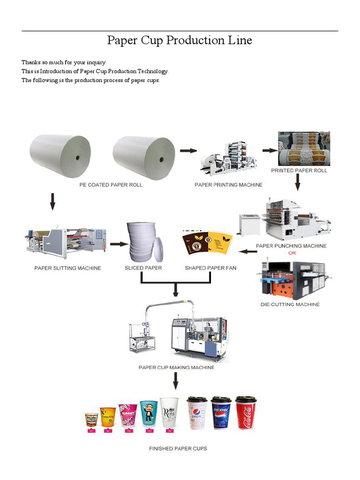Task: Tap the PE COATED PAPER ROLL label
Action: (x=110, y=185)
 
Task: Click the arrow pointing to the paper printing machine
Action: (x=188, y=150)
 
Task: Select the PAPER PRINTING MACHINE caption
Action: (x=228, y=185)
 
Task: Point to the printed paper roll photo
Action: (x=304, y=149)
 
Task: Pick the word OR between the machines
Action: (x=292, y=254)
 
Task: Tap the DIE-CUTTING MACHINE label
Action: (x=290, y=304)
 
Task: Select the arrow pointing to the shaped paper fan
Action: (x=248, y=252)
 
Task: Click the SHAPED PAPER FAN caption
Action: (x=210, y=268)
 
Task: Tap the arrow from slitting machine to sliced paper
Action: (x=119, y=244)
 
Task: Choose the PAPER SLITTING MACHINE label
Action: (x=67, y=269)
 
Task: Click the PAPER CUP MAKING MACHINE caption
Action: (x=176, y=367)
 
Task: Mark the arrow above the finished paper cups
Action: (x=176, y=381)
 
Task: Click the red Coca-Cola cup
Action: (x=245, y=413)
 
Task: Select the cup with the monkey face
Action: (x=149, y=413)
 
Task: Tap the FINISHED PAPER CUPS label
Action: (x=178, y=449)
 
